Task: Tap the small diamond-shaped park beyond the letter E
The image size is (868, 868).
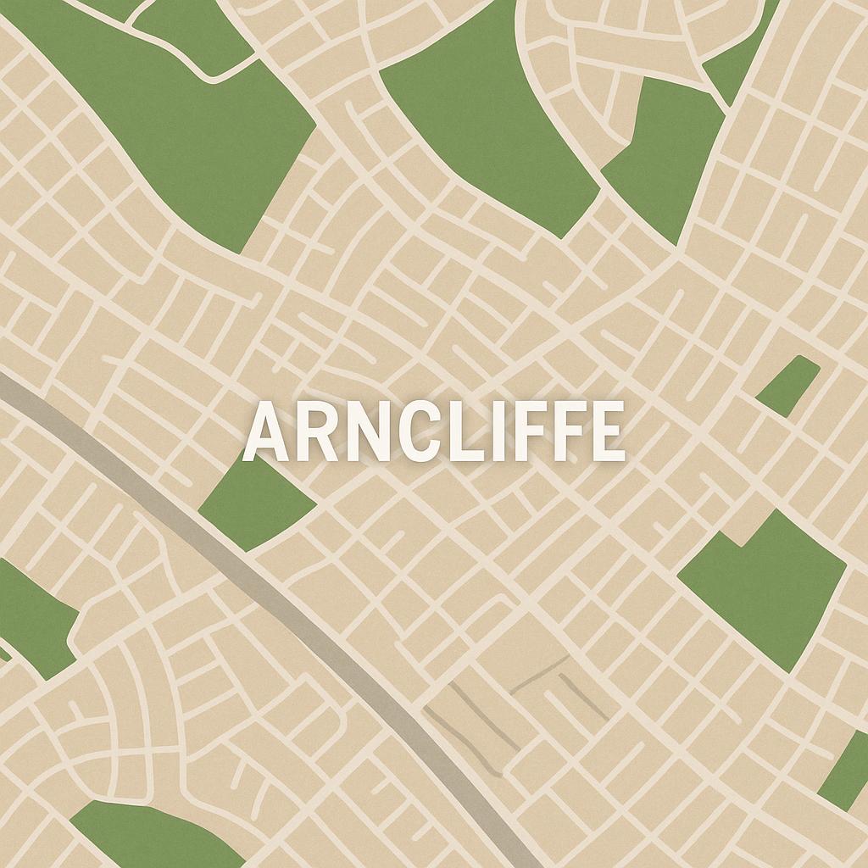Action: click(788, 386)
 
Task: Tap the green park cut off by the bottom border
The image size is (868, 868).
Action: click(153, 835)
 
